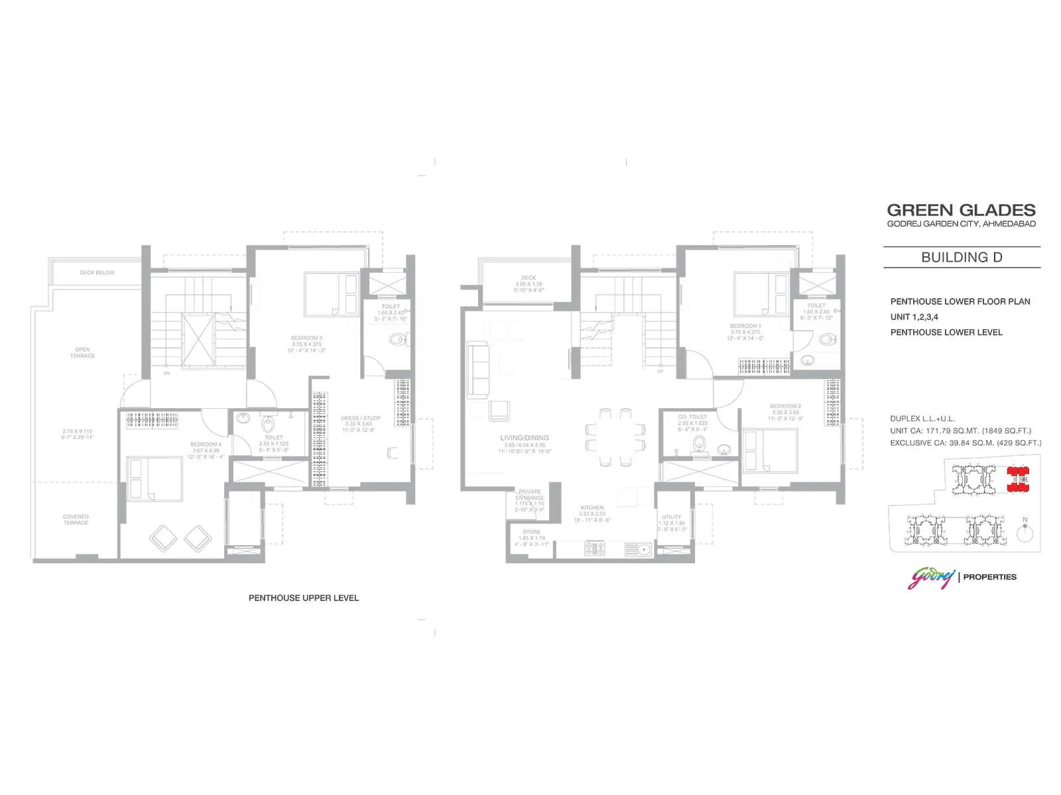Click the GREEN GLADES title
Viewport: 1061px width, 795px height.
pos(961,210)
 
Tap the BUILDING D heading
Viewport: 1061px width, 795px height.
pos(962,257)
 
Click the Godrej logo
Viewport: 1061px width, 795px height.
pos(931,577)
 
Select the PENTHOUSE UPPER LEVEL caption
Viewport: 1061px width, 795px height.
pos(303,598)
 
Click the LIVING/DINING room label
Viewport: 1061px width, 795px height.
pos(525,438)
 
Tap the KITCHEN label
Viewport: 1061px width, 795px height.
pos(592,508)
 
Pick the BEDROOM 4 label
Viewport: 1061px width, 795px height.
pos(206,445)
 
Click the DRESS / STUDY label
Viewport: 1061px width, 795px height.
pos(361,419)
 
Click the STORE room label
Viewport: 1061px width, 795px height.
pos(531,532)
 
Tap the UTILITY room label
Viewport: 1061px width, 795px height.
pos(671,517)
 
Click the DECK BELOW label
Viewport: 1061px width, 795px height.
pos(97,273)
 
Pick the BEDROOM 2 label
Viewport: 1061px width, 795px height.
pos(785,406)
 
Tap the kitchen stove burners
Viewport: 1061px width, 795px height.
pos(594,549)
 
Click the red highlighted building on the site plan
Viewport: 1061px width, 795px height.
pos(1017,480)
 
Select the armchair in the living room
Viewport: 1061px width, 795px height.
pos(499,411)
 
